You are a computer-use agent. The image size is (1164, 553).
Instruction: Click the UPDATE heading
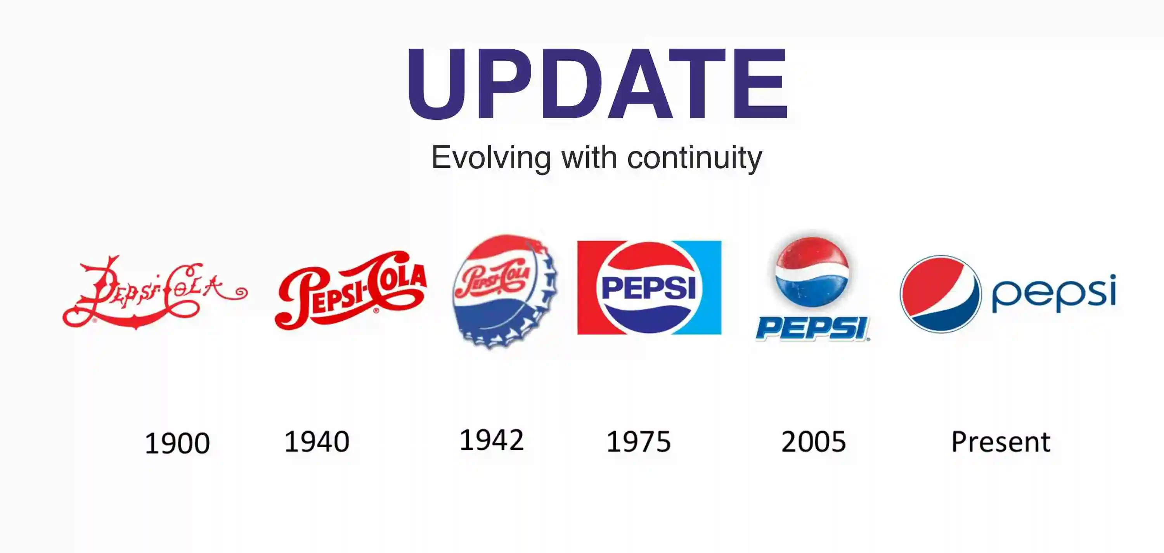[x=596, y=84]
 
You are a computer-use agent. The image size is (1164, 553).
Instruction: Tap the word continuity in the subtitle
[x=695, y=158]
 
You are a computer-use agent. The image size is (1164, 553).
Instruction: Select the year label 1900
[x=177, y=443]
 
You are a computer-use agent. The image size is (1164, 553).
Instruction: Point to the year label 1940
[x=317, y=441]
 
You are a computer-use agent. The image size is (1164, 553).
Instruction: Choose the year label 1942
[x=492, y=440]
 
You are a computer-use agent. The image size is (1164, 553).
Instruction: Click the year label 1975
[x=639, y=441]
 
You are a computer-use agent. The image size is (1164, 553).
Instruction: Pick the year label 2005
[x=814, y=441]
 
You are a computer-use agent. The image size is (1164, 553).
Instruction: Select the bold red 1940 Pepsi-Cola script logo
[x=350, y=290]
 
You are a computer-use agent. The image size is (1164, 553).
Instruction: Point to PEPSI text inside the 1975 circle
[x=649, y=287]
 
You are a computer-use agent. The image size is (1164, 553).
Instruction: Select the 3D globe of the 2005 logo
[x=812, y=272]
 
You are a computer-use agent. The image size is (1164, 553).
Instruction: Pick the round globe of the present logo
[x=941, y=294]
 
